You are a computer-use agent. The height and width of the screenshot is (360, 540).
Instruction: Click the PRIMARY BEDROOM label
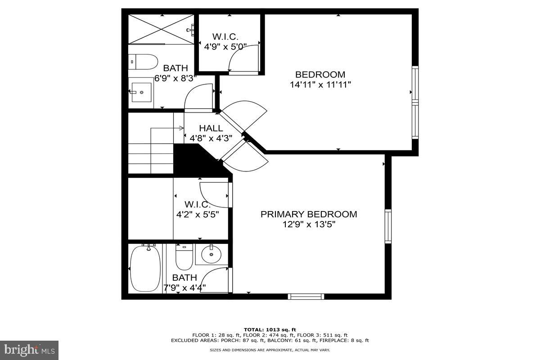tap(309, 214)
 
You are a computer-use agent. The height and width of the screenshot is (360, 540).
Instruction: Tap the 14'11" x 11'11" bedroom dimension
tap(320, 84)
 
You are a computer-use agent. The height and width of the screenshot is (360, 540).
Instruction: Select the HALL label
tap(211, 128)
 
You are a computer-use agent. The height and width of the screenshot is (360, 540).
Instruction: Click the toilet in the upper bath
tap(143, 62)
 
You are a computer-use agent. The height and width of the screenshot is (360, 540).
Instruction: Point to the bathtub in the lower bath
tap(145, 269)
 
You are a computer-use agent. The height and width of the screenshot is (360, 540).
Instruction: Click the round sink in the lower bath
tap(211, 255)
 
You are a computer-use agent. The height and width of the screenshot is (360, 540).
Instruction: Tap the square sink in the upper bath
tap(141, 92)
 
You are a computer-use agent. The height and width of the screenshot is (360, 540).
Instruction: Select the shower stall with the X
tap(161, 29)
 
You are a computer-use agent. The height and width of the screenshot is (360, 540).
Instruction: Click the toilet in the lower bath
tap(184, 257)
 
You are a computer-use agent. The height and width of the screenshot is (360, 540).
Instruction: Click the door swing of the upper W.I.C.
tap(243, 58)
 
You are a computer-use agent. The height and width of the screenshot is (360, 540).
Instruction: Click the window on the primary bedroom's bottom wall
tap(306, 296)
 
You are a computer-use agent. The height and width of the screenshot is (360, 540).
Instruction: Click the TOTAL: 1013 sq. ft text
tap(270, 329)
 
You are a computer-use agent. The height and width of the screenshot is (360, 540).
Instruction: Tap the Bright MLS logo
tap(29, 350)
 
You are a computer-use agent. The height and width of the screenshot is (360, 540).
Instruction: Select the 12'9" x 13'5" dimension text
tap(309, 225)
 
